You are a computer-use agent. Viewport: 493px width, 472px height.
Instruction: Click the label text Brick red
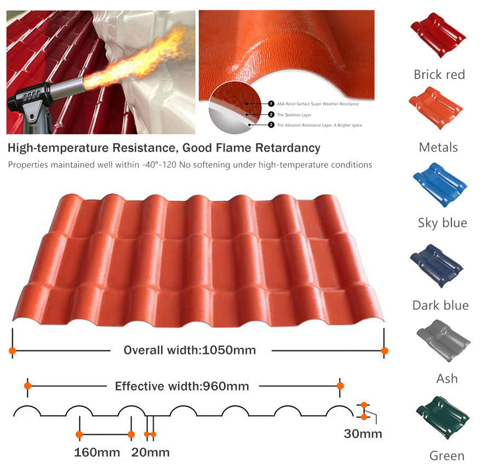pos(439,74)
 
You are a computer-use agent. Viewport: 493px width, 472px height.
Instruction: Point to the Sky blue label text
pos(443,223)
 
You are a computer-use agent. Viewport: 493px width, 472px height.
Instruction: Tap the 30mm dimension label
pos(363,434)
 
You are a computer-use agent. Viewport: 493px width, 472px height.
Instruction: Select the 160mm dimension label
pos(97,452)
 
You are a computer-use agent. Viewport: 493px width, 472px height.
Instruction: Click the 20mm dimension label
pos(150,452)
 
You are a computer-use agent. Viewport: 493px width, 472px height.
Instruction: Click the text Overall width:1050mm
pos(190,350)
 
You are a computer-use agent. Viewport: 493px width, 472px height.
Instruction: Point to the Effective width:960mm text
pos(182,386)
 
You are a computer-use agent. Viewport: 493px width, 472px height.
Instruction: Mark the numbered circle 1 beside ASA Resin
pos(271,103)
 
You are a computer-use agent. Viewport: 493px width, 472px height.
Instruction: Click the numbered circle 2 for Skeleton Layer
pos(271,114)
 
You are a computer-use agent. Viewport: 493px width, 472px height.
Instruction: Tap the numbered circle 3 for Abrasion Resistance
pos(271,125)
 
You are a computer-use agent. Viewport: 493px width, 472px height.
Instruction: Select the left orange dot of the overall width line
pos(12,350)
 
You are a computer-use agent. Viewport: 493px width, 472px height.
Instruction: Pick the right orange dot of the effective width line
pos(340,386)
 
